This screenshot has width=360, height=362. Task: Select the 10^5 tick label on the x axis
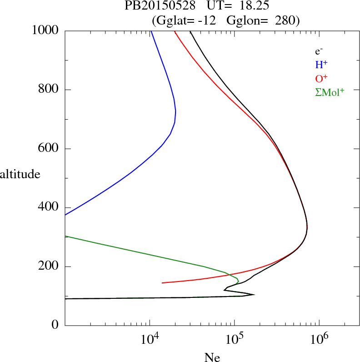pyautogui.click(x=235, y=338)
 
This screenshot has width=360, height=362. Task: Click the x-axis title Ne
pyautogui.click(x=212, y=357)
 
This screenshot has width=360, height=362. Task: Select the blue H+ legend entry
pyautogui.click(x=321, y=65)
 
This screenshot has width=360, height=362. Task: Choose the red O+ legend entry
pyautogui.click(x=321, y=78)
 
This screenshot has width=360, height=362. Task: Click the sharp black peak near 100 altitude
pyautogui.click(x=253, y=295)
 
